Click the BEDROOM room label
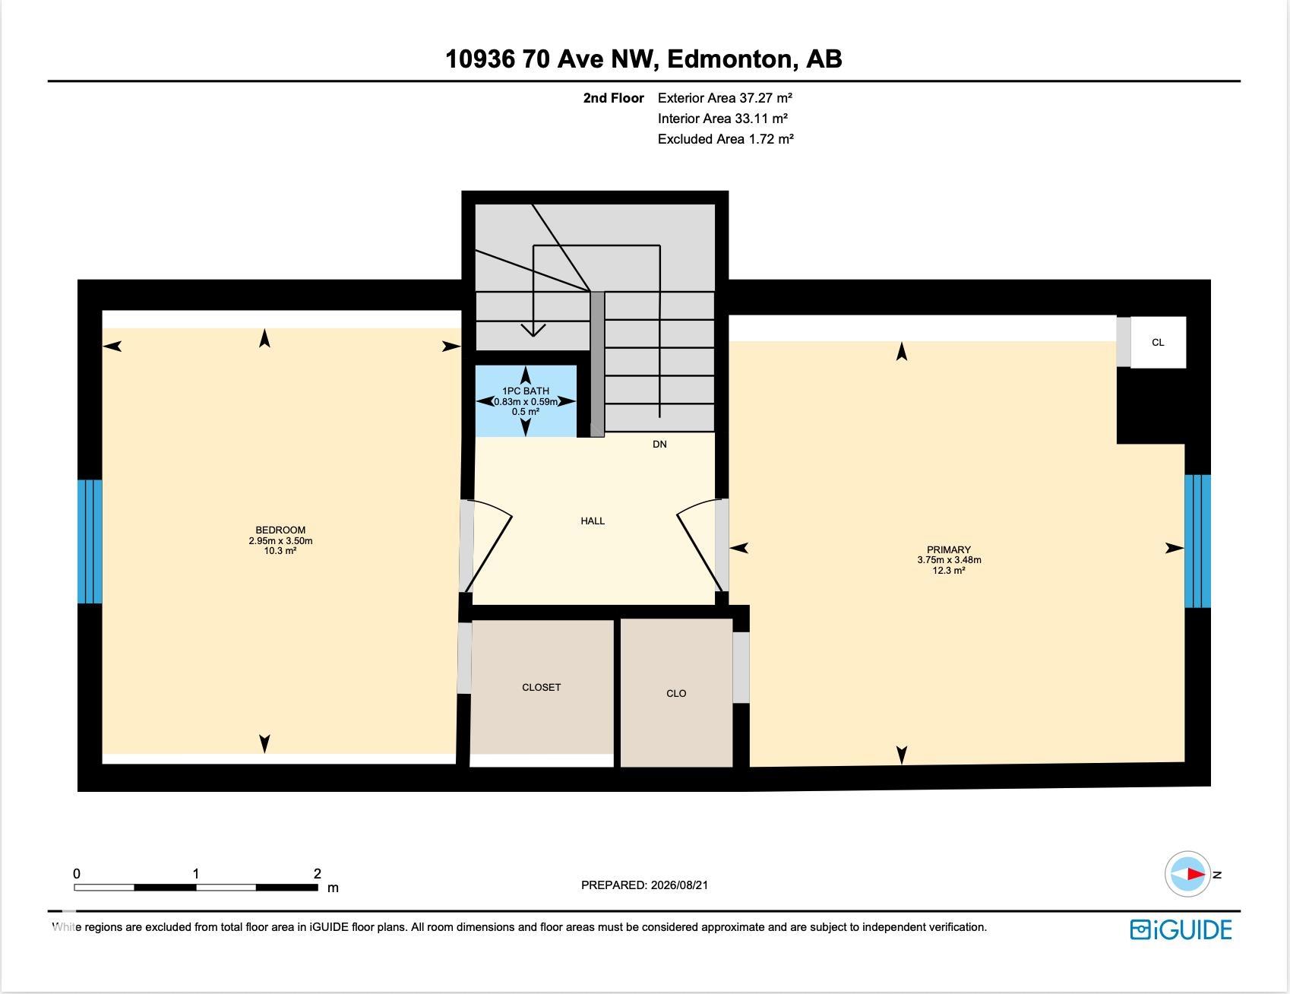(280, 530)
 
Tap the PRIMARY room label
(949, 549)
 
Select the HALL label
(593, 521)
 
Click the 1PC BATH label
(526, 391)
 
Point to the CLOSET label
(542, 687)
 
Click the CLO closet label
(676, 693)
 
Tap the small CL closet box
(1158, 342)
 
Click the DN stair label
(659, 444)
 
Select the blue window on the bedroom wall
(90, 541)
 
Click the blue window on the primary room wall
(1197, 541)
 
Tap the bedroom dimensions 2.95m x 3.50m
(280, 541)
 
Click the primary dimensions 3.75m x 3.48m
(949, 560)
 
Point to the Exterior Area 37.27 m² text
(726, 98)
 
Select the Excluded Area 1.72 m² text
(726, 139)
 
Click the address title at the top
(643, 59)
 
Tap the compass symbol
(1187, 874)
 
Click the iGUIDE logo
(1181, 929)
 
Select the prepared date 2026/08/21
(645, 885)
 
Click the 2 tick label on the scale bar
(318, 874)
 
